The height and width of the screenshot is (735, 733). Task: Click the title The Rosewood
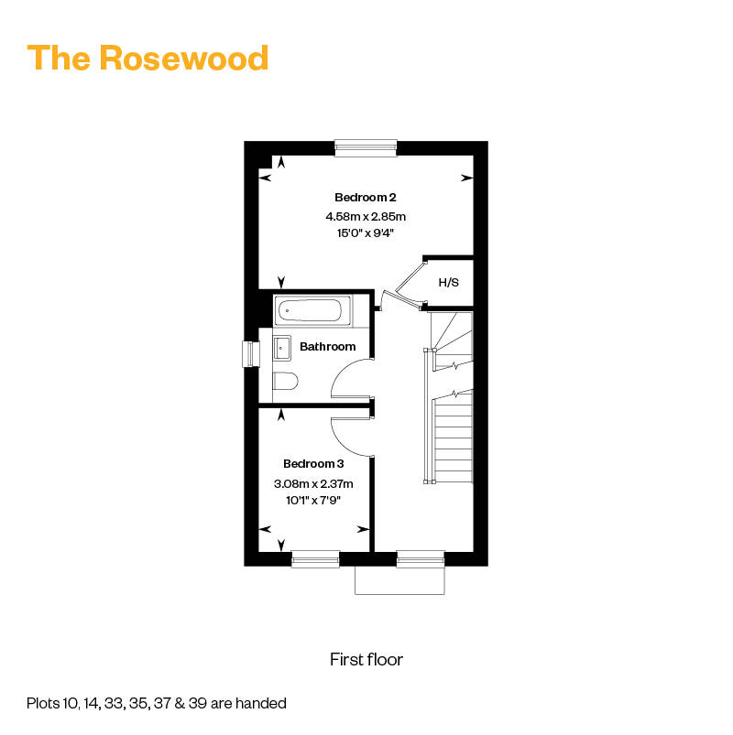point(148,58)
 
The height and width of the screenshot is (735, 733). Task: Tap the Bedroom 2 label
point(365,197)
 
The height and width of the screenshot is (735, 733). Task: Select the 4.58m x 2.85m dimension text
point(365,217)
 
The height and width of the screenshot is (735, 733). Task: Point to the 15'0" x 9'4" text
point(365,233)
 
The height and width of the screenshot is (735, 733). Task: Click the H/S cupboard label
point(448,283)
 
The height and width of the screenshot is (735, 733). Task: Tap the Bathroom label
point(327,347)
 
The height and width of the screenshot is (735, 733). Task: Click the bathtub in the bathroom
point(312,310)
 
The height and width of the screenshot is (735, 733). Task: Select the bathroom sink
point(280,347)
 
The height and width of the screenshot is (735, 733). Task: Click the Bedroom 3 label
point(313,463)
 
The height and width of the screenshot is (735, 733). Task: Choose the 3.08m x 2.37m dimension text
point(313,483)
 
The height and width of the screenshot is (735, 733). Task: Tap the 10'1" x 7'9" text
point(313,500)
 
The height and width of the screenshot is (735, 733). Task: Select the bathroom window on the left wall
point(246,353)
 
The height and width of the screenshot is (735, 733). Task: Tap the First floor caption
point(366,659)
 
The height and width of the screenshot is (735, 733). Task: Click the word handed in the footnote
point(262,704)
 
